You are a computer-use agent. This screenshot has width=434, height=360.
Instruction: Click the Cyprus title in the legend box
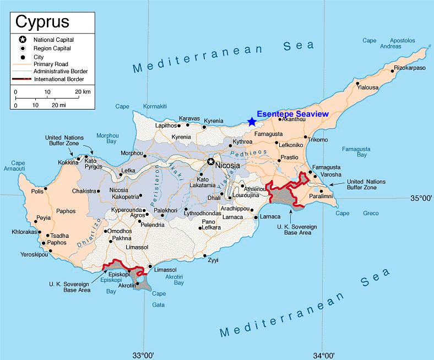(x=42, y=21)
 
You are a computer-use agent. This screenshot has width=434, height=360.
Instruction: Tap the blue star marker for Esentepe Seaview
(x=252, y=122)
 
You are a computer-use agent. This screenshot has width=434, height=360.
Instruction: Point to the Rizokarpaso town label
(x=410, y=68)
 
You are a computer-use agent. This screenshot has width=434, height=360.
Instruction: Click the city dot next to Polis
(x=46, y=189)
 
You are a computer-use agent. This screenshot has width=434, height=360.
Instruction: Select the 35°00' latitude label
(x=419, y=198)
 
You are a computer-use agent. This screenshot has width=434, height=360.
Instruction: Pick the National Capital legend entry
(x=53, y=40)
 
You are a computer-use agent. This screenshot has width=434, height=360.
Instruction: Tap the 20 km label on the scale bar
(x=83, y=91)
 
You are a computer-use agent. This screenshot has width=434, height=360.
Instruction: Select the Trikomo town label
(x=318, y=140)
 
